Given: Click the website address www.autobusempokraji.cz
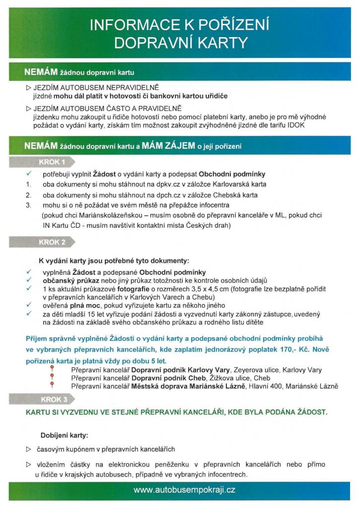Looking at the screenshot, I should click(x=184, y=490).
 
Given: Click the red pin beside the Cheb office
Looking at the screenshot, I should click(x=51, y=378).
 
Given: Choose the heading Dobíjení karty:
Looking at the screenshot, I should click(x=65, y=436).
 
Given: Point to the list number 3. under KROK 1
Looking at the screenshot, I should click(x=29, y=204).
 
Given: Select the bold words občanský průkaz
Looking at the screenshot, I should click(x=69, y=280).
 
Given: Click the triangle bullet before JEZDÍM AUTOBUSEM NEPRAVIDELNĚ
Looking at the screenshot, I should click(x=28, y=87).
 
